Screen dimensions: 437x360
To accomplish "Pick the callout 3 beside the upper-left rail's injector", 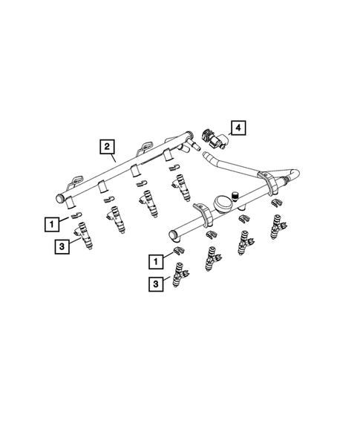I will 62,246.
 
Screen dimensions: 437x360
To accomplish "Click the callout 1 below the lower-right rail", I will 154,261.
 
